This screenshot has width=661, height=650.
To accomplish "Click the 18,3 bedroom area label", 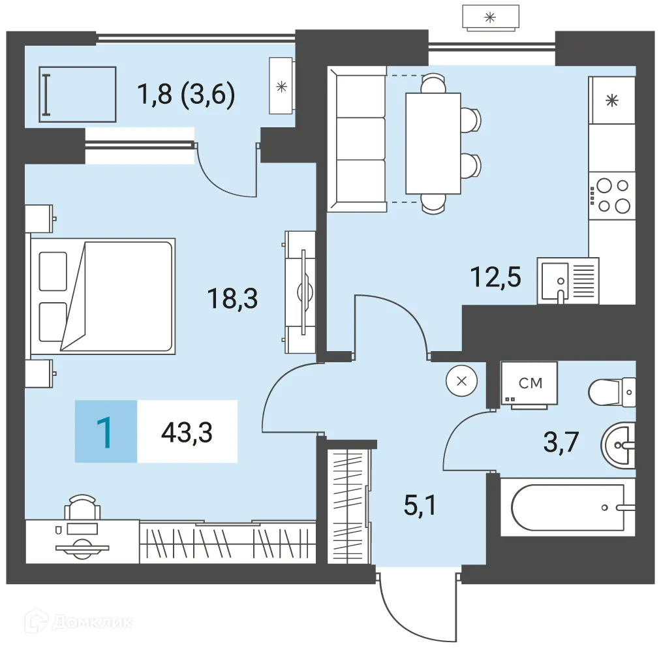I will click(x=232, y=300).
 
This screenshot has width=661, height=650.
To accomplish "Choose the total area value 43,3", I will click(x=187, y=432).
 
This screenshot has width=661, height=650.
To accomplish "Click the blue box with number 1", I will click(x=106, y=432).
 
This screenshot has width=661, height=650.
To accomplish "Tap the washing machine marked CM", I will click(x=529, y=384).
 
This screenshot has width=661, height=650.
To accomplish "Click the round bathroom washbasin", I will click(x=617, y=446).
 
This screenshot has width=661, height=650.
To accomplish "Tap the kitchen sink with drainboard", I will click(x=567, y=281).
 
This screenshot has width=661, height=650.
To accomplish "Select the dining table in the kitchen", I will click(x=433, y=143).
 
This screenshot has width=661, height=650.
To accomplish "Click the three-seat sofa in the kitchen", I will click(x=356, y=142).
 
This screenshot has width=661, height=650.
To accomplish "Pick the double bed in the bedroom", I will click(x=103, y=296).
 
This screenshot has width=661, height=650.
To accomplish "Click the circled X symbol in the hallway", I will click(x=461, y=381).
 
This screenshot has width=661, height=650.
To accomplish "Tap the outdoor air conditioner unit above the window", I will click(x=490, y=17).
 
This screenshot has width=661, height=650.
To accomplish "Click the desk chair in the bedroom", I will click(x=82, y=506).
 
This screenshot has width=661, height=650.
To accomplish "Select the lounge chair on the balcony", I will click(x=77, y=94).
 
